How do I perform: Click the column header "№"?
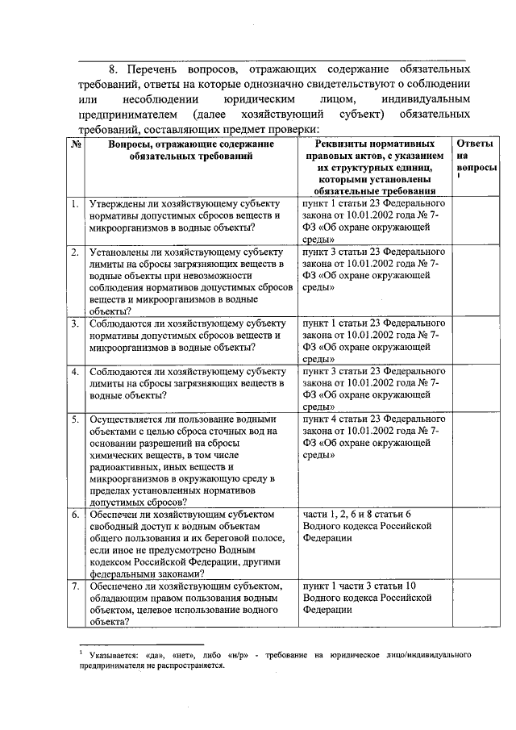click(75, 144)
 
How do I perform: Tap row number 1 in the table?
click(74, 205)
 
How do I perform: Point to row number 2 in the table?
click(74, 252)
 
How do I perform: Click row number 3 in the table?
click(74, 324)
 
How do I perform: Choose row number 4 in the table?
click(74, 372)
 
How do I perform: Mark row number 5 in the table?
click(74, 420)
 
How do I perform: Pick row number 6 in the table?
click(74, 515)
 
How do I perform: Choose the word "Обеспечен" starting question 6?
click(119, 515)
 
